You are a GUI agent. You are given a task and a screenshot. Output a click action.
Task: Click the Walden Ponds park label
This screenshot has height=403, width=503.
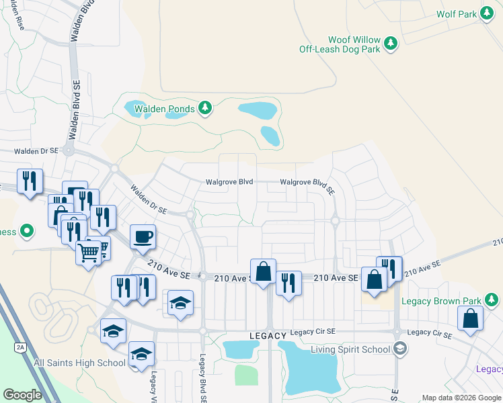(x=165, y=108)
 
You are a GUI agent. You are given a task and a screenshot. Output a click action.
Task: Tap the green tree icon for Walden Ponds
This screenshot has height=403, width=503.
(x=206, y=107)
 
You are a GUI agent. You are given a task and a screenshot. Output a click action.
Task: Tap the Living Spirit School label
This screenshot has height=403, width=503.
(x=350, y=349)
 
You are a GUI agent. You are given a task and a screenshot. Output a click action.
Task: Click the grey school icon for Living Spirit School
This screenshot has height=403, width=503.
(x=400, y=348)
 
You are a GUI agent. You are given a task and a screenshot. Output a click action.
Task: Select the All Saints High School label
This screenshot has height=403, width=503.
(x=80, y=363)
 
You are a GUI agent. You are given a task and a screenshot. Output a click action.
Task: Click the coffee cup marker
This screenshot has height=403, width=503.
(x=142, y=236)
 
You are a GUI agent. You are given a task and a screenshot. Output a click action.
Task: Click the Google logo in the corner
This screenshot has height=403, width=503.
(x=22, y=395)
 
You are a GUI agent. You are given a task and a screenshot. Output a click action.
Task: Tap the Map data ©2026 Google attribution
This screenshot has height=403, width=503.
(x=462, y=398)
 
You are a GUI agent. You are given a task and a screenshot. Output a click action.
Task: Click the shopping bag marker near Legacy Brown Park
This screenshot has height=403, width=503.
(x=471, y=319)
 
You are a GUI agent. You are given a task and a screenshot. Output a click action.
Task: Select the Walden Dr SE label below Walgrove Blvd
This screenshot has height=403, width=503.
(x=149, y=199)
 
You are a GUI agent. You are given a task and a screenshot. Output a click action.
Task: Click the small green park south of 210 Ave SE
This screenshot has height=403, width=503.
(x=246, y=374)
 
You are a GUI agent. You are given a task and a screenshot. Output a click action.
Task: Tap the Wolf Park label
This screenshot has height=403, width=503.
(x=456, y=13)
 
